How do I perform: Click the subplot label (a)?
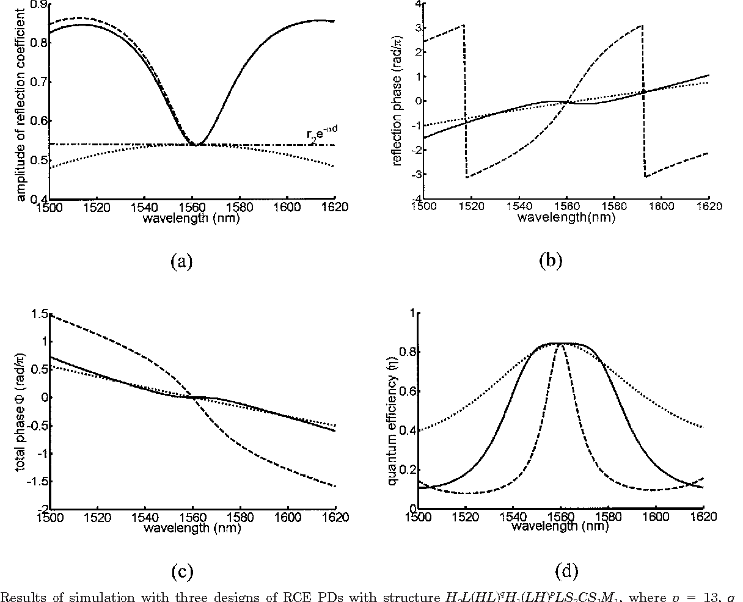point(182,262)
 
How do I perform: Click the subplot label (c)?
point(182,571)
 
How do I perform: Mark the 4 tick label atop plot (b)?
point(417,4)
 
